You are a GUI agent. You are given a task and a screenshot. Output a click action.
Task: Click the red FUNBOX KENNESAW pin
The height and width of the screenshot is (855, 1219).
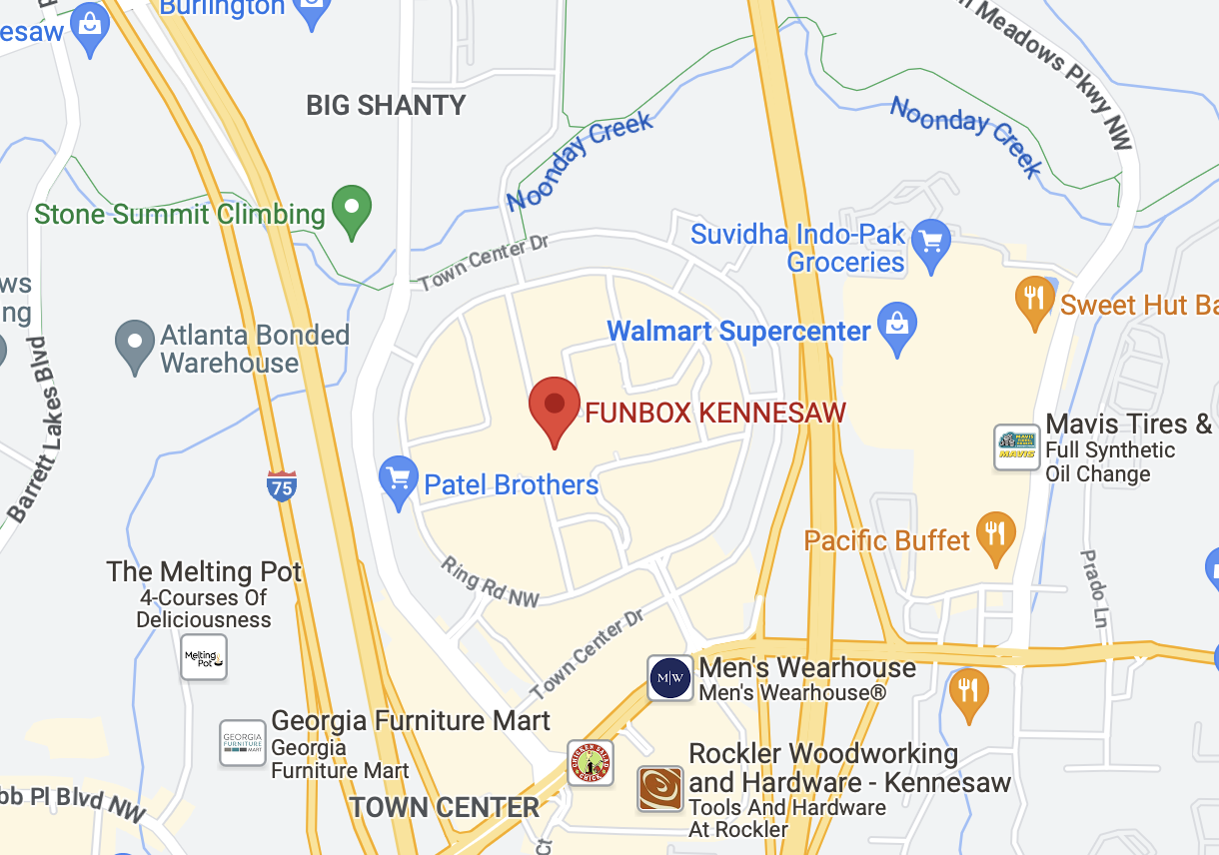[554, 406]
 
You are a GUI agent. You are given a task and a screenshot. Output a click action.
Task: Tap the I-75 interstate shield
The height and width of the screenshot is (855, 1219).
[282, 486]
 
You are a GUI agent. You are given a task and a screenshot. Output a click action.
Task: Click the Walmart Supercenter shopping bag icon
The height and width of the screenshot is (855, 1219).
[896, 326]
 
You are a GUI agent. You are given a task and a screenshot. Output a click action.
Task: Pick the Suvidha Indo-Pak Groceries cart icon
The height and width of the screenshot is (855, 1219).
[931, 242]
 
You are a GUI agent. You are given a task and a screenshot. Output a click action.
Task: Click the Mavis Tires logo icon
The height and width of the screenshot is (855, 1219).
[1017, 446]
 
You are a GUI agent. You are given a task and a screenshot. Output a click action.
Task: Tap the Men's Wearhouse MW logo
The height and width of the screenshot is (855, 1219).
[669, 678]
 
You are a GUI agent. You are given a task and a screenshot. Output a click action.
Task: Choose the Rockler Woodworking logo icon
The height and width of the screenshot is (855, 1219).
[660, 788]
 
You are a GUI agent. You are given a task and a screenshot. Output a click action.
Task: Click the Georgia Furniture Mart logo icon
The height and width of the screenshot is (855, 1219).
[243, 743]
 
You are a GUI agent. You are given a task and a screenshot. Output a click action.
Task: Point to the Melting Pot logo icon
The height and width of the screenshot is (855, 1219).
[204, 657]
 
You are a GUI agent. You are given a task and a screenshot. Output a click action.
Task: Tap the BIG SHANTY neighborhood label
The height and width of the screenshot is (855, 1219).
[386, 105]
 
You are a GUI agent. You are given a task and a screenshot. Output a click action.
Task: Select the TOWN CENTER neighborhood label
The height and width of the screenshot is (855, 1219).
[444, 807]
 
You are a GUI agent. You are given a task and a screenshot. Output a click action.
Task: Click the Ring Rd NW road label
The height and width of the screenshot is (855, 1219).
[491, 581]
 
